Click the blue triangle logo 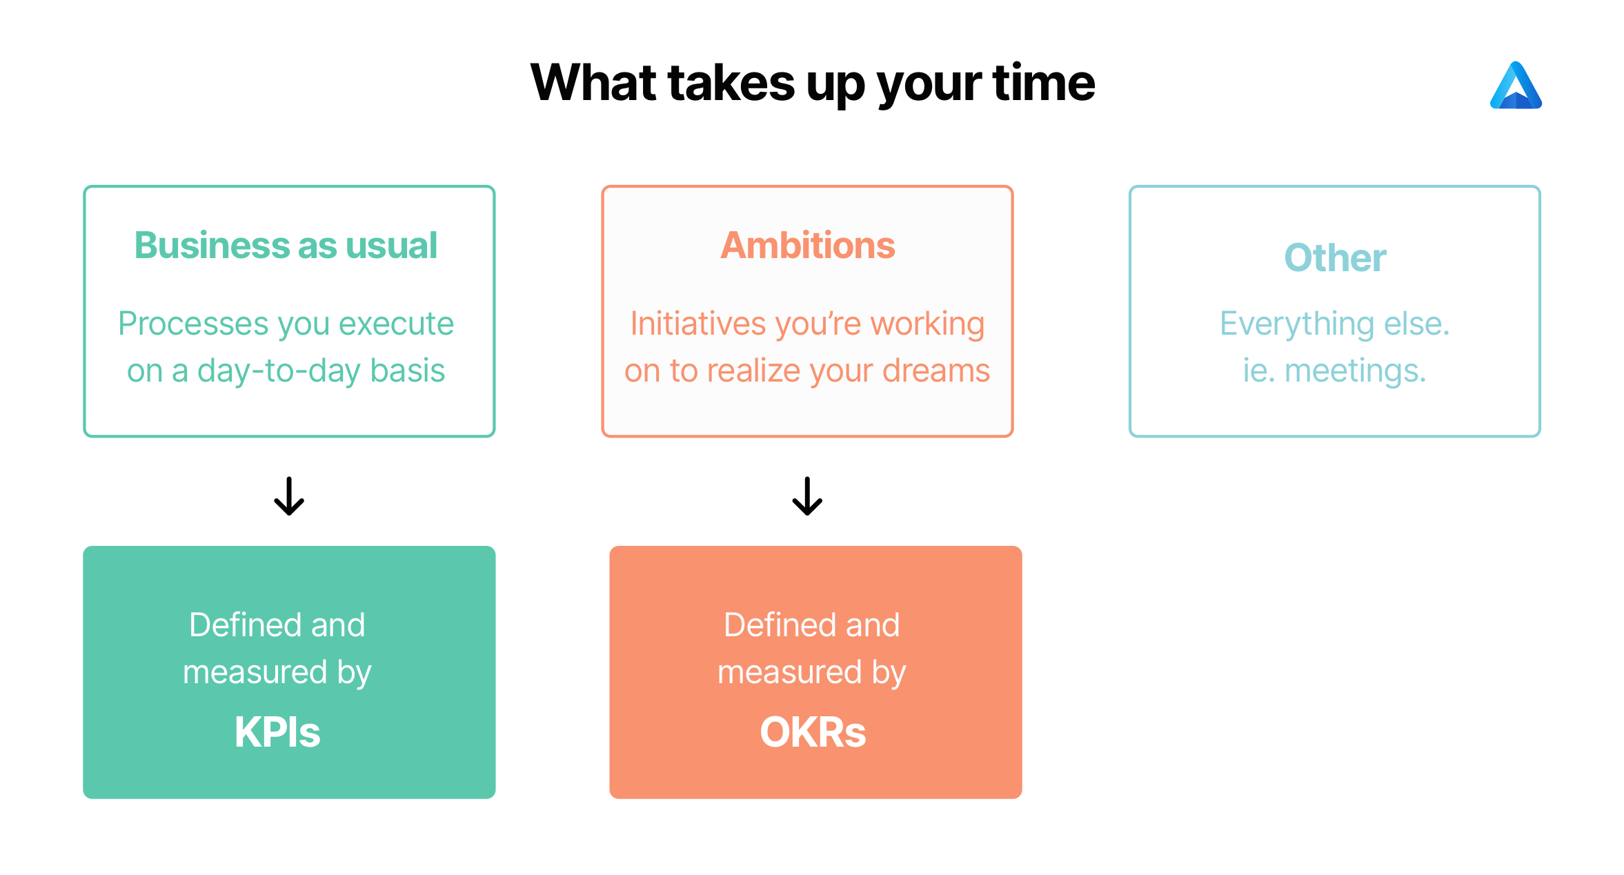[1516, 86]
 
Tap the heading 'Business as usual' [286, 245]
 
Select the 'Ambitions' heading [808, 245]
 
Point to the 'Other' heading [1335, 257]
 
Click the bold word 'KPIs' [277, 732]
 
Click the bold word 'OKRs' [813, 732]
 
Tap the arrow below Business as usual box [289, 496]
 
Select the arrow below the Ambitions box [807, 496]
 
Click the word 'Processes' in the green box [193, 324]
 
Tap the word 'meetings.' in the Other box [1355, 371]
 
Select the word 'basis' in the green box [408, 371]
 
